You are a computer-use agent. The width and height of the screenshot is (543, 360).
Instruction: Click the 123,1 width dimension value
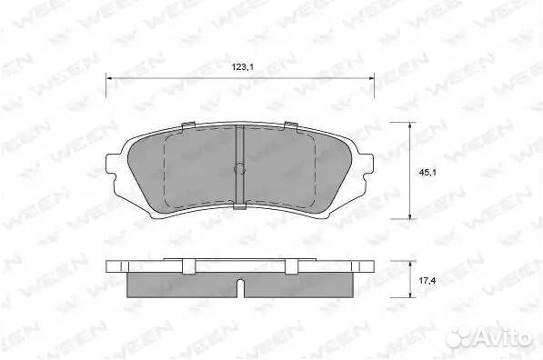(x=243, y=67)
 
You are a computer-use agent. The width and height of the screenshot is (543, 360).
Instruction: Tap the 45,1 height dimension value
(x=427, y=173)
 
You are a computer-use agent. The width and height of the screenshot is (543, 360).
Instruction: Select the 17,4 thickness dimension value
(x=427, y=281)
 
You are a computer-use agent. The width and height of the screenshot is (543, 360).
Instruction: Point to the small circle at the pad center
(x=239, y=168)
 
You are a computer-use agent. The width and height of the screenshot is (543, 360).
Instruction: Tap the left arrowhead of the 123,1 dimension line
(x=109, y=78)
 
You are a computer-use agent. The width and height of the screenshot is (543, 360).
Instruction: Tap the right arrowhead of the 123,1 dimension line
(x=371, y=78)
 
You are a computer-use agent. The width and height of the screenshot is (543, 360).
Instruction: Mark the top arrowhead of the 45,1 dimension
(x=410, y=125)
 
